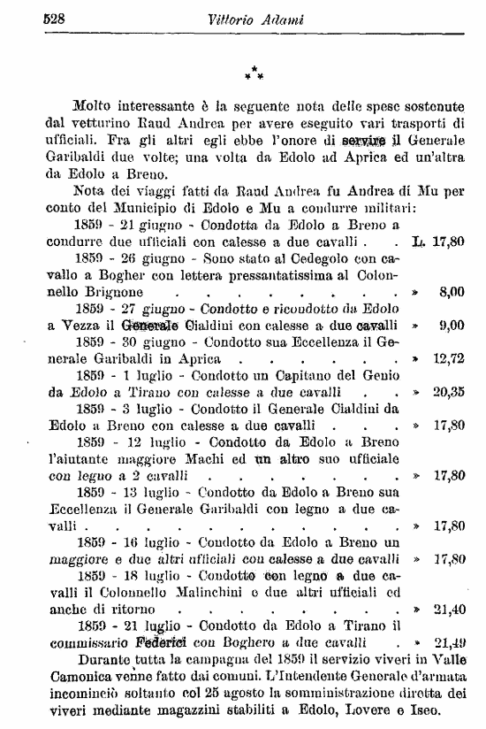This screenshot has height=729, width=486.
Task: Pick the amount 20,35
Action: click(x=450, y=392)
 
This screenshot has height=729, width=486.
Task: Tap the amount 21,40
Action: click(x=450, y=610)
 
